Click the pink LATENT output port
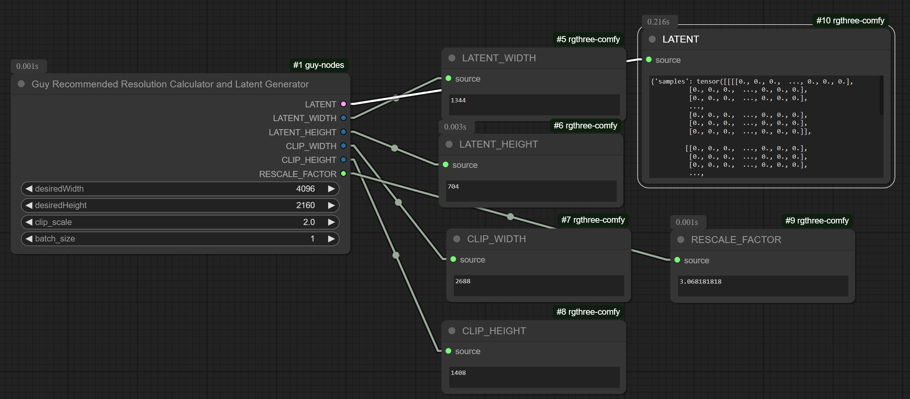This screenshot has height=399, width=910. click(343, 104)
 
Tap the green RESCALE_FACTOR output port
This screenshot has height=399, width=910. click(343, 174)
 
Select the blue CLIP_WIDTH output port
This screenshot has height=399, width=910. click(343, 146)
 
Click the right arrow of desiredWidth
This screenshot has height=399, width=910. click(331, 189)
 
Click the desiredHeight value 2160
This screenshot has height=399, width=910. click(306, 205)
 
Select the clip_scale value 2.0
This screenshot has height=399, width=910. click(309, 222)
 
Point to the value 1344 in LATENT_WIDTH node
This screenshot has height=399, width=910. click(458, 100)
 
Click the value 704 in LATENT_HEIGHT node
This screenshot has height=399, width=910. click(453, 187)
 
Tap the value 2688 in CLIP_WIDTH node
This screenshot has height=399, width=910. click(463, 281)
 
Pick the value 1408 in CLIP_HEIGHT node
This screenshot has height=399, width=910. click(458, 373)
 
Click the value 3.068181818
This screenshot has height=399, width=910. click(700, 282)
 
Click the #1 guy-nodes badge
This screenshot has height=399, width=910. click(319, 65)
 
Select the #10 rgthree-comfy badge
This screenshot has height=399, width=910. click(850, 21)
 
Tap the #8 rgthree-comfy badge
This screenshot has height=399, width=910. click(588, 312)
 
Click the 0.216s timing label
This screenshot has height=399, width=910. click(658, 22)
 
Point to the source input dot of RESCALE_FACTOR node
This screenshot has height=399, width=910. click(677, 260)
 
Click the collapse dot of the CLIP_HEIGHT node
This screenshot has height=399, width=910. click(452, 331)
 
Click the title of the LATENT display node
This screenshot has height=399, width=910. click(681, 39)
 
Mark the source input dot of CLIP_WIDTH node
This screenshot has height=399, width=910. click(453, 259)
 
